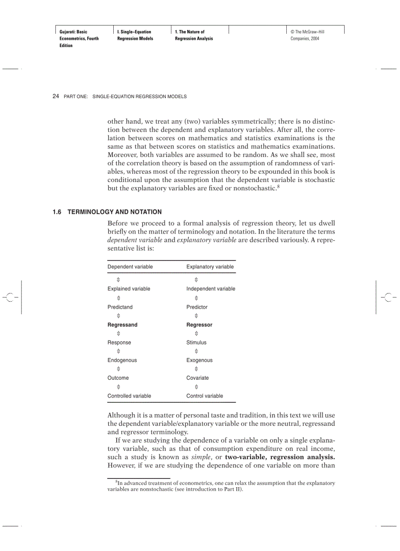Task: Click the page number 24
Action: [x=55, y=97]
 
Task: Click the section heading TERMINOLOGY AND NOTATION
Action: [x=114, y=212]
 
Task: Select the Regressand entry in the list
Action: [x=123, y=325]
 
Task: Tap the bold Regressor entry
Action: [x=199, y=325]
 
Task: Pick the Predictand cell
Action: [x=120, y=307]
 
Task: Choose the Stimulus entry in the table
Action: [x=196, y=342]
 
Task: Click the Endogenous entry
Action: [x=122, y=360]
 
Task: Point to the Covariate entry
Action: [x=197, y=378]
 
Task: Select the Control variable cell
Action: [x=204, y=395]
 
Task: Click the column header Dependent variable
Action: [x=130, y=267]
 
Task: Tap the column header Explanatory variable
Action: [x=210, y=267]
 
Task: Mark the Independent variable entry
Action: [x=210, y=289]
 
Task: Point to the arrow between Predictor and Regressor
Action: [x=197, y=316]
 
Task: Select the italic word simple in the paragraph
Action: [x=200, y=457]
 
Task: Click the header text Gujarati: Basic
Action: [x=73, y=32]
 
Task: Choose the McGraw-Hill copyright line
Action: [x=307, y=32]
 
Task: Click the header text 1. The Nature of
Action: [x=190, y=32]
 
